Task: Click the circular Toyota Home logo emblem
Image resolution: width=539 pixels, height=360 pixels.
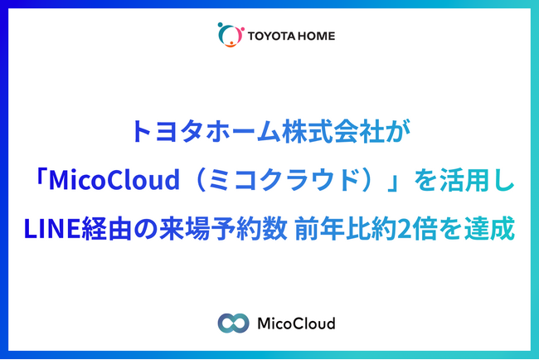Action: pyautogui.click(x=231, y=34)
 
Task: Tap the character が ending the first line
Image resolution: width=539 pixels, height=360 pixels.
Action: pyautogui.click(x=397, y=131)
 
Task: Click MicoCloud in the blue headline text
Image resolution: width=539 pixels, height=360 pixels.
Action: pyautogui.click(x=114, y=179)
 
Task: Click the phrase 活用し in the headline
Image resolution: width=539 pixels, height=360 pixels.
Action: pyautogui.click(x=477, y=179)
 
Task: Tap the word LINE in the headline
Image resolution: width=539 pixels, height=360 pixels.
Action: pyautogui.click(x=52, y=228)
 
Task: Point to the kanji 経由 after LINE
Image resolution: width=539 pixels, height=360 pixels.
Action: pyautogui.click(x=107, y=228)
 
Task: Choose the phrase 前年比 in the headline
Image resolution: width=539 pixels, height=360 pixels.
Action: pyautogui.click(x=332, y=228)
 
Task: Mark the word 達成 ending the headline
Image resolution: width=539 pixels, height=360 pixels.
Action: pyautogui.click(x=489, y=228)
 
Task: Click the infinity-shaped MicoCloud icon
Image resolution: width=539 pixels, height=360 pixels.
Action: pyautogui.click(x=233, y=324)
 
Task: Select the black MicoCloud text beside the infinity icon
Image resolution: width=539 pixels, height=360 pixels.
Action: pyautogui.click(x=296, y=324)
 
